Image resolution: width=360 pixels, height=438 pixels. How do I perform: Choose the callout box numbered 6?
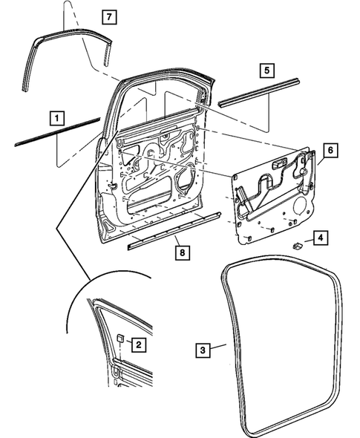click(330, 149)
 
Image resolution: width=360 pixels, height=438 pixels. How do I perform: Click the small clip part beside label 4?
click(296, 244)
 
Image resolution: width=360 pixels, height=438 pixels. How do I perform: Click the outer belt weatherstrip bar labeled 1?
click(56, 131)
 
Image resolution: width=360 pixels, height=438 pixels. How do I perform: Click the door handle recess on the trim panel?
click(281, 164)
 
